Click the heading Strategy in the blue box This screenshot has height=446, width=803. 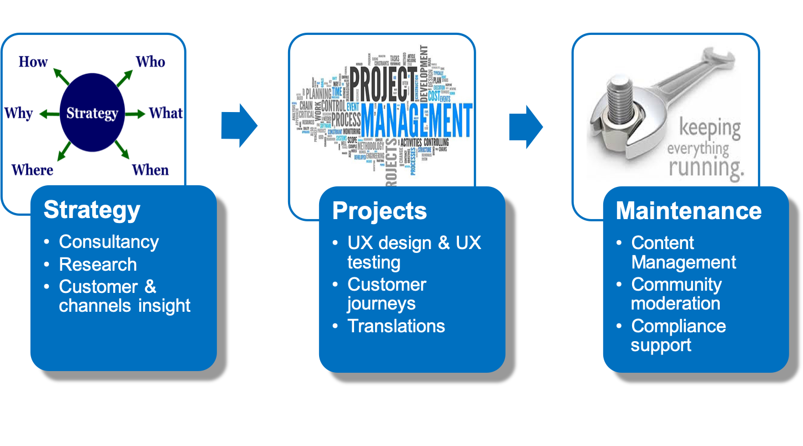(x=92, y=210)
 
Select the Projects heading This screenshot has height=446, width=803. (x=380, y=211)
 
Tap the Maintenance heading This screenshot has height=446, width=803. (x=688, y=211)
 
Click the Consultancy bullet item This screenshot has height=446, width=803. (x=109, y=242)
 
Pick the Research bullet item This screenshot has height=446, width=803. (x=98, y=265)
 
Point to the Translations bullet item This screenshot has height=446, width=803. (x=396, y=326)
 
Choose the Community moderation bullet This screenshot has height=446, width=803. (x=676, y=294)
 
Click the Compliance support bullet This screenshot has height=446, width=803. (x=678, y=335)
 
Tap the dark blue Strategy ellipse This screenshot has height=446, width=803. (x=92, y=113)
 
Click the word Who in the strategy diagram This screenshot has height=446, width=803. (x=150, y=61)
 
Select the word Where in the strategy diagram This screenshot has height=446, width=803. (x=33, y=169)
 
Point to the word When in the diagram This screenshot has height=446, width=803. (x=150, y=169)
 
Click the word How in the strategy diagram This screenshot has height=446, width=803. (x=33, y=61)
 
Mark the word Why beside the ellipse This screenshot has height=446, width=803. (x=19, y=113)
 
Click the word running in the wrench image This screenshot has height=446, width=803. (x=706, y=166)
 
